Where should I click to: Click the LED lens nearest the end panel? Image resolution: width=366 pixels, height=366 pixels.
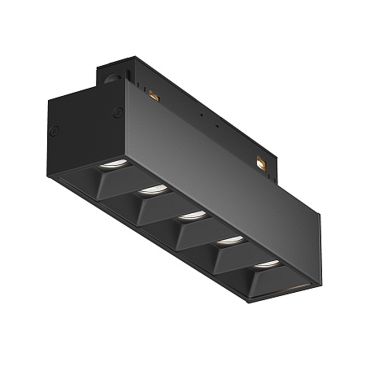click(x=111, y=166)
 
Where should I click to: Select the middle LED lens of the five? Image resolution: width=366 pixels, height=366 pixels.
click(x=191, y=214)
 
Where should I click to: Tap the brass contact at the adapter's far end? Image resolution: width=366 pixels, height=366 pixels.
click(x=261, y=163)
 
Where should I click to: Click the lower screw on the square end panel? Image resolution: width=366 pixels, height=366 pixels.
click(x=54, y=129)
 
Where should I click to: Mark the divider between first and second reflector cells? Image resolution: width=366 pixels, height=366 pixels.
click(x=130, y=183)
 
